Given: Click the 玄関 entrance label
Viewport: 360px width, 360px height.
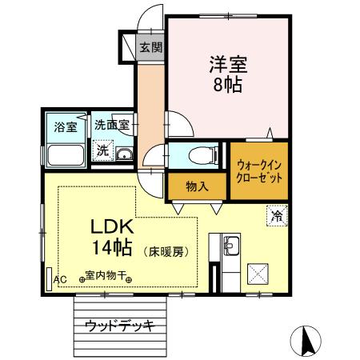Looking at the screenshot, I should [150, 47].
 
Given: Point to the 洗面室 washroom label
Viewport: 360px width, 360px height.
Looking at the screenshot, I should [112, 125].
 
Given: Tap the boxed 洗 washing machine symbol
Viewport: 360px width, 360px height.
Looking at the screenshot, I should [102, 149].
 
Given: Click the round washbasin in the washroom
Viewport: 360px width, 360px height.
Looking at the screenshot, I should [125, 154].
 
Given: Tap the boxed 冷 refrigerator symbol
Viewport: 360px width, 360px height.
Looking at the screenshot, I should [274, 214].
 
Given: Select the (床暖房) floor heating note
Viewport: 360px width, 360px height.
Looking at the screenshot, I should [166, 251].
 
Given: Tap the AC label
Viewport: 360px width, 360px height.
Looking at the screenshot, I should [60, 280].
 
